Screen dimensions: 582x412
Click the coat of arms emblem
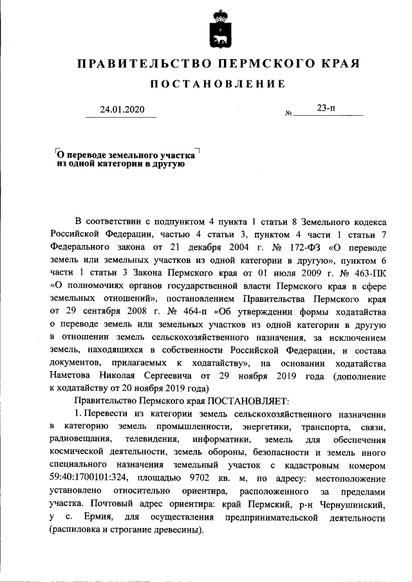tap(218, 31)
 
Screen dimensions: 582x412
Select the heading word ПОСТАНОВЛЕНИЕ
tap(217, 85)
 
